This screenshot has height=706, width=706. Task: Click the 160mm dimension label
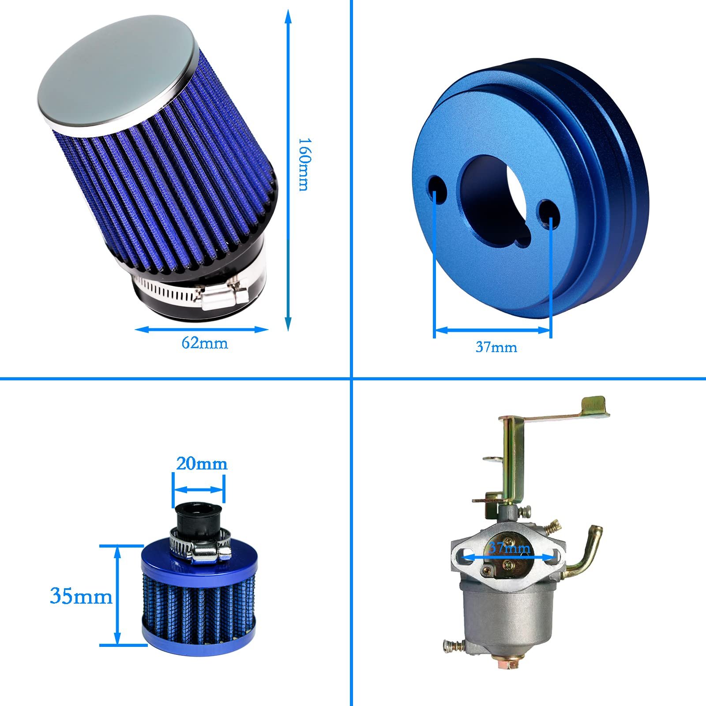[x=303, y=164]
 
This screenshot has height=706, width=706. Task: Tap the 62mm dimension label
[x=205, y=343]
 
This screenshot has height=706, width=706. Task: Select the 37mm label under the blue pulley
[x=496, y=347]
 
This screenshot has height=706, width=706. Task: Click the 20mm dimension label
[x=202, y=464]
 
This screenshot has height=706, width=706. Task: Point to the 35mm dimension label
[x=81, y=596]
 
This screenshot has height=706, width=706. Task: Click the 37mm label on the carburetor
[x=510, y=548]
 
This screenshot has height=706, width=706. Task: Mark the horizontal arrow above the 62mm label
[x=202, y=329]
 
